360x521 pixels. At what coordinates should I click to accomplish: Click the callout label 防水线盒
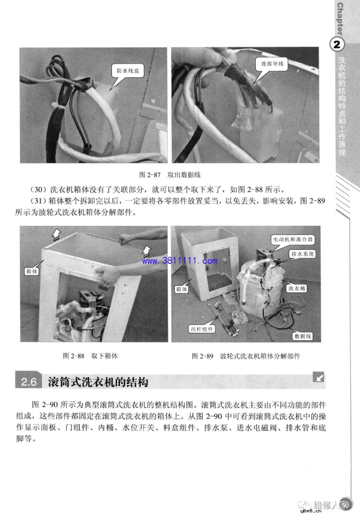click(128, 71)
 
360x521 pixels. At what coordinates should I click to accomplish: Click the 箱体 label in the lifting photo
click(32, 271)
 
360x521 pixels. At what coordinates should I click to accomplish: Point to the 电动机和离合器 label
click(293, 239)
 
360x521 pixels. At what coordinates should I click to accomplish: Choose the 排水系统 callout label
click(302, 254)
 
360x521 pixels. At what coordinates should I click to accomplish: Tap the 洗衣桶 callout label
click(296, 288)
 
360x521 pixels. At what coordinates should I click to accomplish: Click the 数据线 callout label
click(302, 336)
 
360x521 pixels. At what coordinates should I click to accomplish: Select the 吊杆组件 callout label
click(202, 329)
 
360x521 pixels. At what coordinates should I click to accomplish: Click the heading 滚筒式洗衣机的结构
click(98, 381)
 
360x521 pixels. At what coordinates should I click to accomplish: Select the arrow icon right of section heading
click(319, 378)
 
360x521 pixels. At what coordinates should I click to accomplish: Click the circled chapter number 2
click(337, 45)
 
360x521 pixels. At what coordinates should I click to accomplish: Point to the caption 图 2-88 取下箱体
click(90, 356)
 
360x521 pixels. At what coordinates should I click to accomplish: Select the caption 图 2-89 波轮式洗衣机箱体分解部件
click(246, 356)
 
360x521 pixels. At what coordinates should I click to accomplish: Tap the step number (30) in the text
click(37, 190)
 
